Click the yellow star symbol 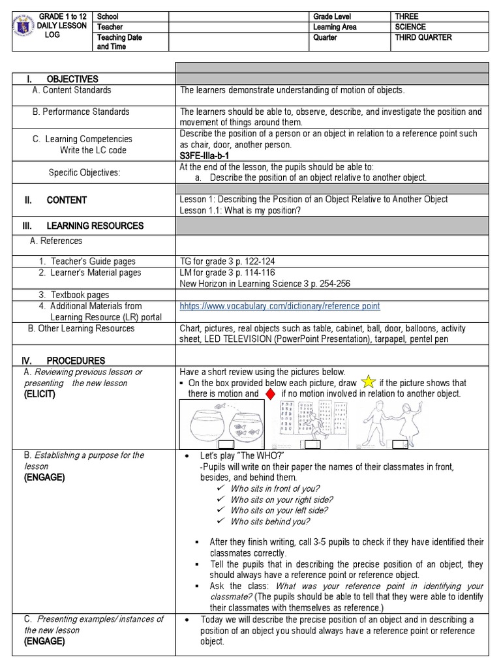368,382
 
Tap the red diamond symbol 270,394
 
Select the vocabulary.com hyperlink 280,306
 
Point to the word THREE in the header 407,16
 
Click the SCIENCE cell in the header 410,27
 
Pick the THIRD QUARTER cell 423,38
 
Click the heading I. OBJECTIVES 63,79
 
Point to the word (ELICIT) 40,395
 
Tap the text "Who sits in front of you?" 275,489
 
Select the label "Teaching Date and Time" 119,42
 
